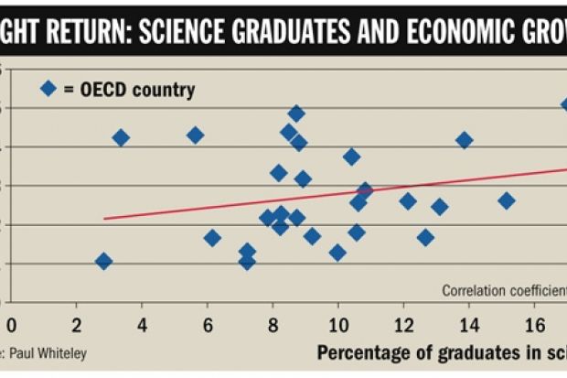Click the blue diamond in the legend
(x=48, y=89)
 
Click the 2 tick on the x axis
(x=77, y=325)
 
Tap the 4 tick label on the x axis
(x=142, y=325)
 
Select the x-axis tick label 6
(x=208, y=325)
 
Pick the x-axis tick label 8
(x=273, y=325)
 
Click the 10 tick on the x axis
(x=338, y=325)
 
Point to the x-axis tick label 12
(x=403, y=325)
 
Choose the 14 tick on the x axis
(x=469, y=325)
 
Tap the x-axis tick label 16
(x=534, y=325)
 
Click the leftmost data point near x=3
(x=103, y=262)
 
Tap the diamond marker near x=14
(x=464, y=140)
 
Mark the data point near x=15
(x=507, y=200)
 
